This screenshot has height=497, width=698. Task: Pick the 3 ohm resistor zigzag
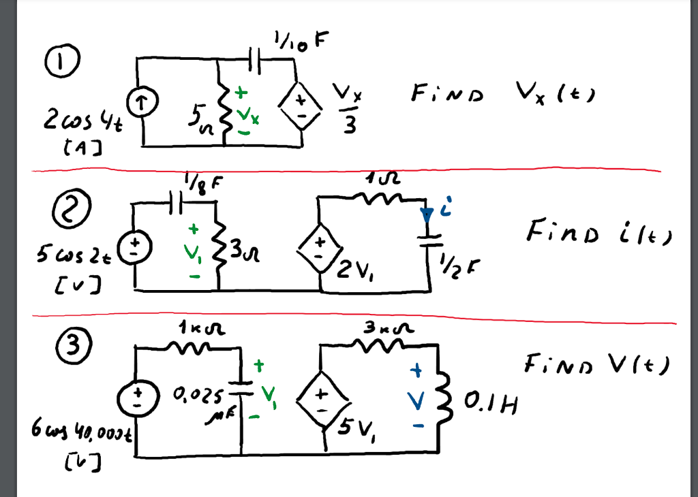click(x=217, y=251)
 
